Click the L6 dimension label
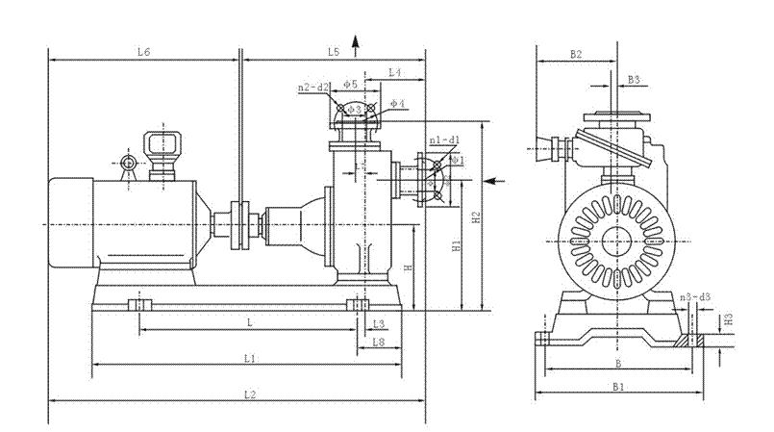pos(142,51)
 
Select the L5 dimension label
pos(334,51)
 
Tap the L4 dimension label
pos(395,73)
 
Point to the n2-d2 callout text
pos(313,88)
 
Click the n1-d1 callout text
pos(443,140)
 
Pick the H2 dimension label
pos(476,217)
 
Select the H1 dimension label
pos(457,246)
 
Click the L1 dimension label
pos(249,358)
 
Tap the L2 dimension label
pos(249,394)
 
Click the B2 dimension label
pos(575,55)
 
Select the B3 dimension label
pos(634,79)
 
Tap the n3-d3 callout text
pos(694,297)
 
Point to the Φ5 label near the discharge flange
pos(351,85)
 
